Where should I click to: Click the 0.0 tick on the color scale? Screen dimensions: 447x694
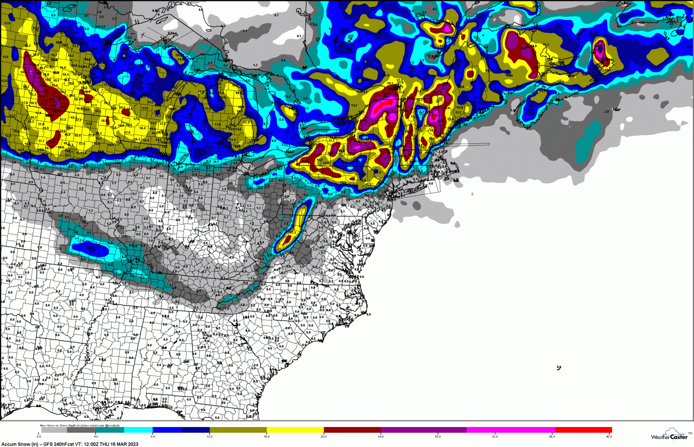click(x=39, y=436)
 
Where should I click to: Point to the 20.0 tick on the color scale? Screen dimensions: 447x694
click(x=324, y=436)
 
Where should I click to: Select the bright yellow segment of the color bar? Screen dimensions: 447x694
click(x=295, y=430)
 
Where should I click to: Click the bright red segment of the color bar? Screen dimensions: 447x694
click(x=583, y=430)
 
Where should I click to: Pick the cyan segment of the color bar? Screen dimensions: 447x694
click(x=138, y=430)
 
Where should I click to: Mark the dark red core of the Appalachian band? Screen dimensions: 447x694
click(x=288, y=239)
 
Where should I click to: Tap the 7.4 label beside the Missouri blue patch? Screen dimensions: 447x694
click(x=81, y=240)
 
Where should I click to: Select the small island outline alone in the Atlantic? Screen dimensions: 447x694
click(x=559, y=368)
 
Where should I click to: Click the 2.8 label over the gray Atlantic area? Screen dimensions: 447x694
click(x=606, y=111)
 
